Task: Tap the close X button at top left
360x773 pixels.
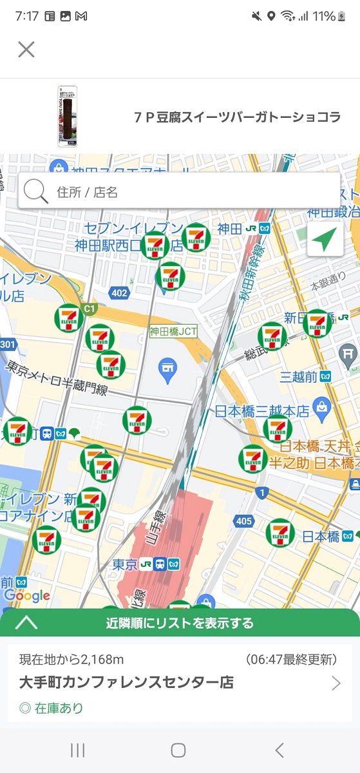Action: coord(26,50)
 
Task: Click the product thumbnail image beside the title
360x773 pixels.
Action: coord(67,117)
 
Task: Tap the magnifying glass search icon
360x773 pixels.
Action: coord(36,191)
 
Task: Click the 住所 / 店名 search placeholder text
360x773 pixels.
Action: coord(88,192)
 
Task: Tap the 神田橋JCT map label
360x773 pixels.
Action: coord(173,332)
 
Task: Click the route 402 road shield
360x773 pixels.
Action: coord(119,293)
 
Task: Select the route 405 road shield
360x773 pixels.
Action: coord(244,520)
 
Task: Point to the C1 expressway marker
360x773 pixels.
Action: coord(90,309)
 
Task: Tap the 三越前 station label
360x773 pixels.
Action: coord(299,376)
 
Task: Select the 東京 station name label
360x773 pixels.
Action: coord(125,564)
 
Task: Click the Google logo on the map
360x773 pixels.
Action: coord(26,596)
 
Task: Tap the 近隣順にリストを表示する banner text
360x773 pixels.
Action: coord(180,623)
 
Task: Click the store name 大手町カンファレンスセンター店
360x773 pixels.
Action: coord(126,682)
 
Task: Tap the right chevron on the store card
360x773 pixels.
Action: coord(336,683)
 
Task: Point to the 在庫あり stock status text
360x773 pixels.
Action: coord(52,709)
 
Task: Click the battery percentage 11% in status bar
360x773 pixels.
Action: coord(324,16)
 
